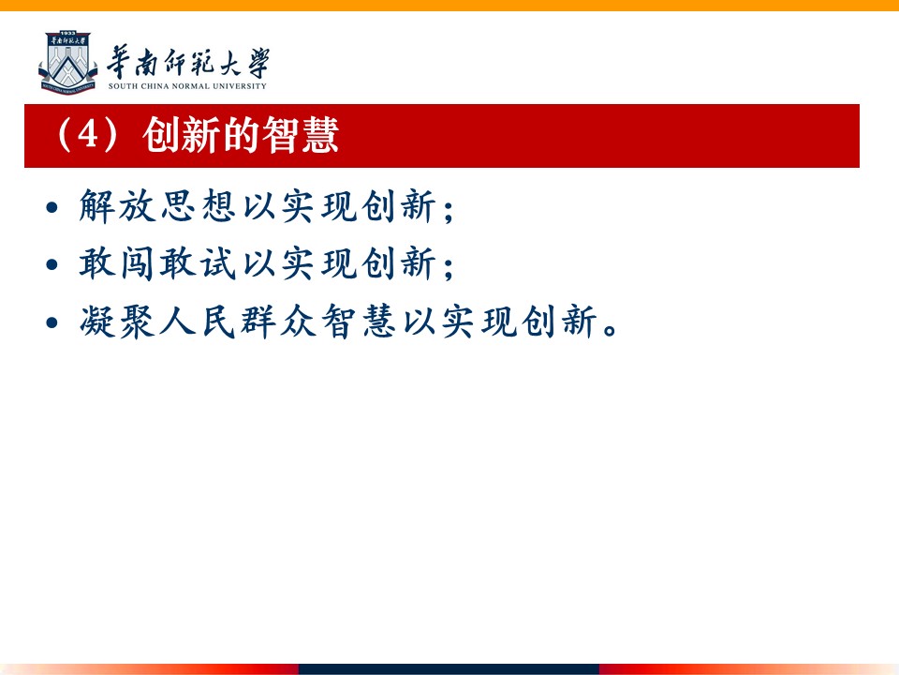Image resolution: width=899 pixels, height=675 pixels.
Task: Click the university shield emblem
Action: (x=67, y=63)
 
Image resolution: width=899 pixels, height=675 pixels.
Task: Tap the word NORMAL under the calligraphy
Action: (x=191, y=86)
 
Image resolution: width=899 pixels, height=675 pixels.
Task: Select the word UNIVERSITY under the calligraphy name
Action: (x=240, y=86)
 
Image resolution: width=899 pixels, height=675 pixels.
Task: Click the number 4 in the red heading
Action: (x=88, y=135)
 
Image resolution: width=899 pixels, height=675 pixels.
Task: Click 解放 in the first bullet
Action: (x=118, y=205)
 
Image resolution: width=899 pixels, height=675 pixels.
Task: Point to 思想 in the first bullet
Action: (x=198, y=205)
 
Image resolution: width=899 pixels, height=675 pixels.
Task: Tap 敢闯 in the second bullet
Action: (x=118, y=263)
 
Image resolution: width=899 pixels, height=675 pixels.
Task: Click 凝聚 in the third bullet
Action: (x=118, y=321)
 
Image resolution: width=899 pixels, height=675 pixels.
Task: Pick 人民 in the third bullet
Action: (x=198, y=321)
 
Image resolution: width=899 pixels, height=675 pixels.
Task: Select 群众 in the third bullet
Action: (x=278, y=321)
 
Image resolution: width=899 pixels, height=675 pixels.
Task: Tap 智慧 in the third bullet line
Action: (x=359, y=321)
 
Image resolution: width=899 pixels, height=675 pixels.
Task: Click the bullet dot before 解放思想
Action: (x=52, y=206)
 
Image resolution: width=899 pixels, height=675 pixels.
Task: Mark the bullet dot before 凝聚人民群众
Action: (x=52, y=322)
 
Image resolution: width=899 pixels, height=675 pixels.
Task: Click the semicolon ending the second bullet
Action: (x=449, y=267)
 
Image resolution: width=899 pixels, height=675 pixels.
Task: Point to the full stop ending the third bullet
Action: (x=610, y=330)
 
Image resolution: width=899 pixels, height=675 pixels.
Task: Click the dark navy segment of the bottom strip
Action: (x=449, y=669)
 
